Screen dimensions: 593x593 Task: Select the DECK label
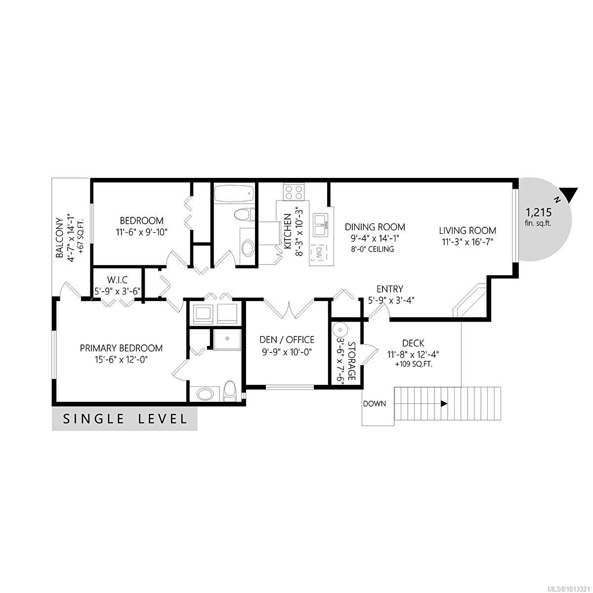pos(413,343)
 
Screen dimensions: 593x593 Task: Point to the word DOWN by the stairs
pos(374,404)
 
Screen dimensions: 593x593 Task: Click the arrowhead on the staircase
pos(444,404)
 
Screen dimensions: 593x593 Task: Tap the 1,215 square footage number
pos(538,212)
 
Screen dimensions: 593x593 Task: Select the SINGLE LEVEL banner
pos(125,420)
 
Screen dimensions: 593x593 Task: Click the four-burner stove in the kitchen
pos(293,191)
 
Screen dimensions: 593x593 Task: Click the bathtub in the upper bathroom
pos(234,193)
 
